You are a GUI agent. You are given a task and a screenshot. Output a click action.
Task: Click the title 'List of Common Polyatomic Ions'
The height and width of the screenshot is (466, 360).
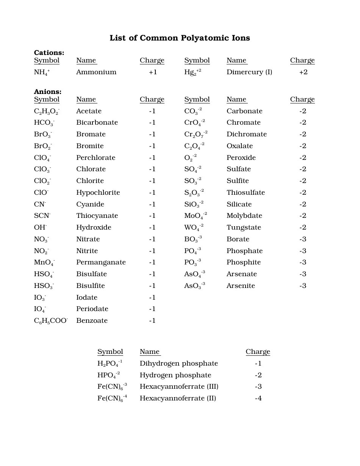[180, 38]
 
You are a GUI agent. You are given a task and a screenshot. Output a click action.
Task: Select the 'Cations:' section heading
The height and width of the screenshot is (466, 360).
[49, 53]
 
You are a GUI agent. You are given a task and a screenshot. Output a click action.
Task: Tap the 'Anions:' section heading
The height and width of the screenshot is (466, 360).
[47, 92]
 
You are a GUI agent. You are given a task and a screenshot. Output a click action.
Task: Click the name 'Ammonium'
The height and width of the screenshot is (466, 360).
[96, 72]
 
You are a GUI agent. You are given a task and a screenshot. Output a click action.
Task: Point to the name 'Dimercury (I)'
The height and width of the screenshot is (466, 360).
[249, 72]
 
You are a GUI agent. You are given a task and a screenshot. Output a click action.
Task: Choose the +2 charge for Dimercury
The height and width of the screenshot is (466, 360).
[303, 72]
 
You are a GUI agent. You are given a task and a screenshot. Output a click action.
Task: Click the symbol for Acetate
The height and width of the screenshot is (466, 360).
[47, 111]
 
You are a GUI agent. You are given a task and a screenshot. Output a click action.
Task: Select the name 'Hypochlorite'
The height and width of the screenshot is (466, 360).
[98, 192]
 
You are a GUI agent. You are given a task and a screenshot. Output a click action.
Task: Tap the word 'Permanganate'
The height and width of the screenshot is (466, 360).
[101, 262]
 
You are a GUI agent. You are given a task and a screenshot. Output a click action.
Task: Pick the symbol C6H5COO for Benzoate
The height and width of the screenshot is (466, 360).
[51, 321]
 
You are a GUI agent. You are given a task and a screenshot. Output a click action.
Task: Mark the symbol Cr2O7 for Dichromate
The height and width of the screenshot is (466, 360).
[196, 134]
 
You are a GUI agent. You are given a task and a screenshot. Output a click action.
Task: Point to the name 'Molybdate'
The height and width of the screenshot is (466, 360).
[244, 216]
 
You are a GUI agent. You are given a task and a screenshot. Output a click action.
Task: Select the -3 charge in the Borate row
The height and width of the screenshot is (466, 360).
[303, 239]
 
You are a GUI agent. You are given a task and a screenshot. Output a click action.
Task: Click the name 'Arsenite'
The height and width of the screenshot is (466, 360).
[241, 286]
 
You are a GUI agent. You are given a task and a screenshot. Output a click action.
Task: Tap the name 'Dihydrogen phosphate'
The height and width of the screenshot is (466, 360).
[179, 363]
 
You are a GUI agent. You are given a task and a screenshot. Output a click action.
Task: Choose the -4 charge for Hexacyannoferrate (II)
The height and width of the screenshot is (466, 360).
[258, 398]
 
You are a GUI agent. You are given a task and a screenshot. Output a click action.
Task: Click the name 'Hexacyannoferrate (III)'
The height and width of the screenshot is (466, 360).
[179, 386]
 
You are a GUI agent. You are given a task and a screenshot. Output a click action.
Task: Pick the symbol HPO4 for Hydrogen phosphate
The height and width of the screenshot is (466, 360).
[108, 375]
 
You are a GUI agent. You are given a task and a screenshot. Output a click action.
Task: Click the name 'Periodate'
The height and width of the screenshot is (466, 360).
[92, 309]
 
